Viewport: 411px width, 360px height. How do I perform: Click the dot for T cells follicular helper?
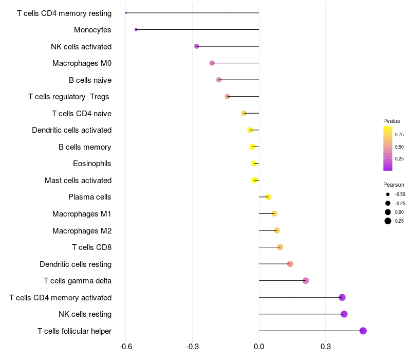coord(363,331)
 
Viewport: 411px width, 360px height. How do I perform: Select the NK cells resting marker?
coord(344,314)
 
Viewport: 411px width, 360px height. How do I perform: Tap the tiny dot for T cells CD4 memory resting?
coord(126,13)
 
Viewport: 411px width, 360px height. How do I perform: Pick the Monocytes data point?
coord(136,29)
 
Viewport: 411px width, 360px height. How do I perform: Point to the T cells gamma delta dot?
coord(306,281)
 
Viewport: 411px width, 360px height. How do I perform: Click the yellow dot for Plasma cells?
coord(268,197)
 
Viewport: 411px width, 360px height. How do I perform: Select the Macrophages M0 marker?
coord(212,63)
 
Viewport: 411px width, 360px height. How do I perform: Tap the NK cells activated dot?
coord(197,46)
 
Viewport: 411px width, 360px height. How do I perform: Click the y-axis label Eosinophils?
coord(92,164)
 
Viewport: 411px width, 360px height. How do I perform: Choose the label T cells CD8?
coord(91,247)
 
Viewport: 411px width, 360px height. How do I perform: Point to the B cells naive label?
coord(90,80)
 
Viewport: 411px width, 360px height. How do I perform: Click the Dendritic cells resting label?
coord(76,264)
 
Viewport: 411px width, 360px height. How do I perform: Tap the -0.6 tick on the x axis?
coord(126,347)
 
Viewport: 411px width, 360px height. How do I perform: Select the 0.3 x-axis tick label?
coord(325,347)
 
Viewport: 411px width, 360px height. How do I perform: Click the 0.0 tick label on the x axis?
coord(259,347)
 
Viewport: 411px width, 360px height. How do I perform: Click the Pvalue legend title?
coord(391,121)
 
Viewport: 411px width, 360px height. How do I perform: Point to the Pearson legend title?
coord(394,185)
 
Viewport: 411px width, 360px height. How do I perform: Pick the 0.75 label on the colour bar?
coord(399,135)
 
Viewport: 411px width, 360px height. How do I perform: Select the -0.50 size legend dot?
coord(388,194)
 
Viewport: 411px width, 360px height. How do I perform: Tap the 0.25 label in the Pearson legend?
coord(400,221)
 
